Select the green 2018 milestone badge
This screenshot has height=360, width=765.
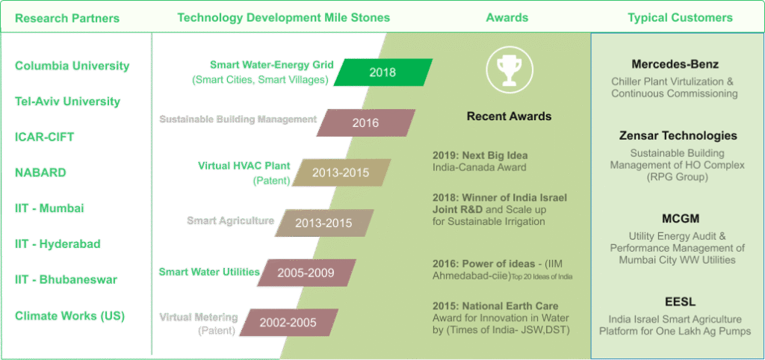pos(383,72)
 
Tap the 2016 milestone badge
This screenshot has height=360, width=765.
pos(366,122)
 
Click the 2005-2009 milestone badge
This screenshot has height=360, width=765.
pos(306,272)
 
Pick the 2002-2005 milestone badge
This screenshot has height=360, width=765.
pos(288,322)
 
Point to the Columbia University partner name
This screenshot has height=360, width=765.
pos(72,66)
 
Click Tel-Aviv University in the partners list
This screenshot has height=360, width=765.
pos(67,102)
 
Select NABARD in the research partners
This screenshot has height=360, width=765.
pos(40,173)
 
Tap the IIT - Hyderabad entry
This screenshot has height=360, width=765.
pos(58,244)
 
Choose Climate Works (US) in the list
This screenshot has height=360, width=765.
pos(69,316)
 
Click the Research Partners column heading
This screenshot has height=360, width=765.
pos(66,18)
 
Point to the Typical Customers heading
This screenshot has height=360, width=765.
pos(680,18)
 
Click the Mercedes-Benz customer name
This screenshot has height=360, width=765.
pos(675,64)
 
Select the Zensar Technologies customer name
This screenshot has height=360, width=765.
pos(678,136)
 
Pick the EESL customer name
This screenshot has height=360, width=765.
pos(675,301)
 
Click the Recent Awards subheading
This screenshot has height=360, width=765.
pos(509,116)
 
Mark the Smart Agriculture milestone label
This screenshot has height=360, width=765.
pos(230,220)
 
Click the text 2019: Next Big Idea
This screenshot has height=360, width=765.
pos(480,155)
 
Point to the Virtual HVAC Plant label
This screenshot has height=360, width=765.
pos(244,165)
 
